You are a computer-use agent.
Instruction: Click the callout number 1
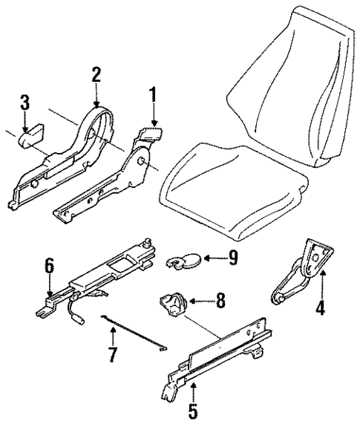(153, 98)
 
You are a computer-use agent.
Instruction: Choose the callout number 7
(112, 355)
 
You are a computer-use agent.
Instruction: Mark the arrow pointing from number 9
(212, 260)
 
